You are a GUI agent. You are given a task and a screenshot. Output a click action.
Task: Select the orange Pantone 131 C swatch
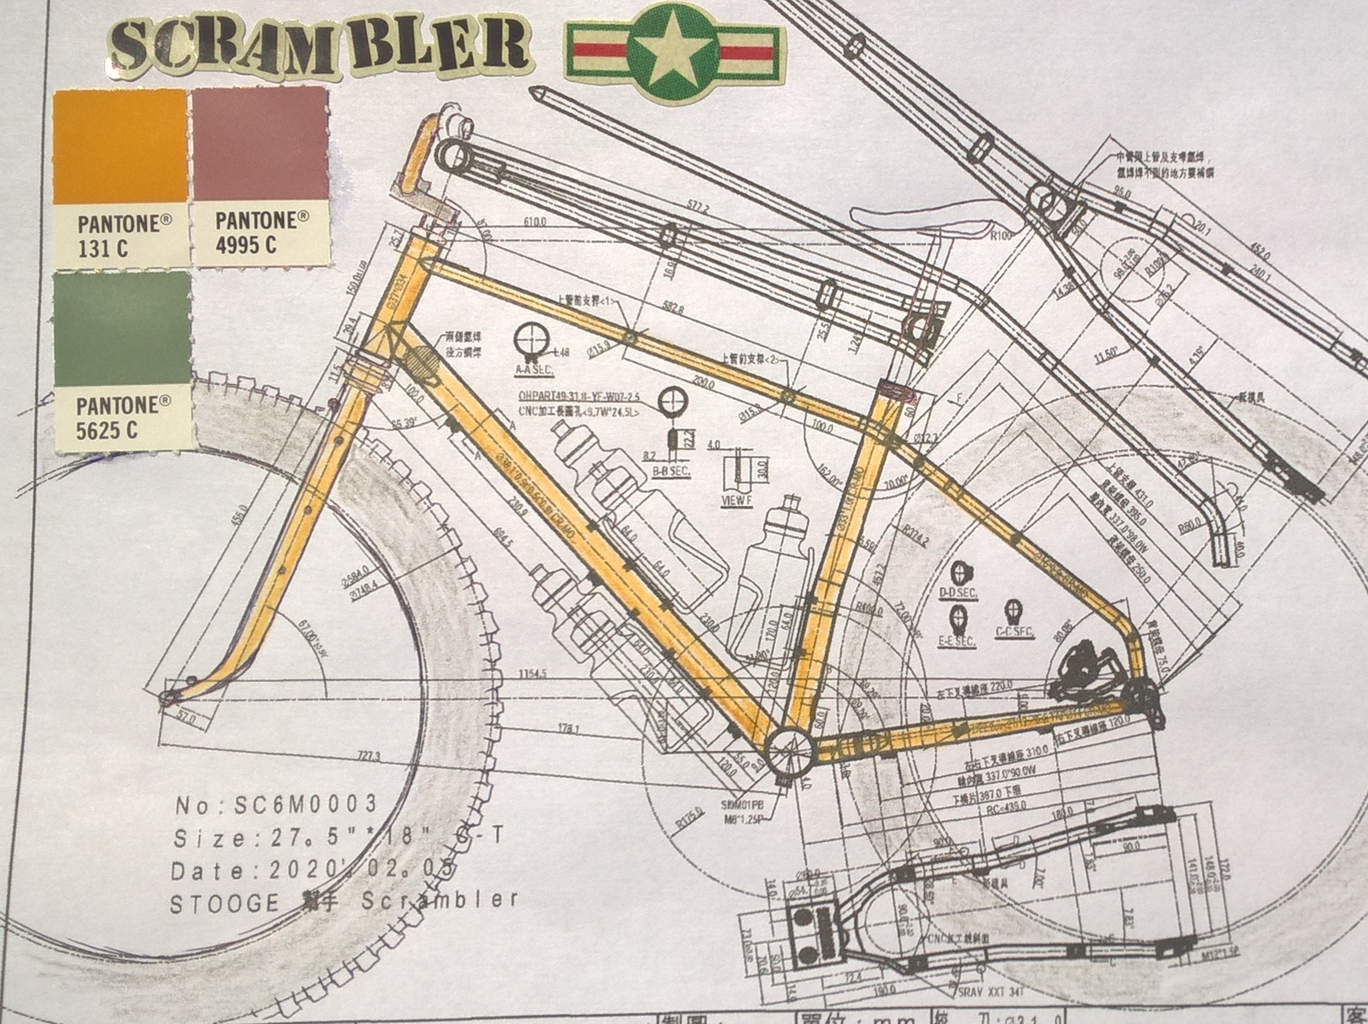pyautogui.click(x=121, y=146)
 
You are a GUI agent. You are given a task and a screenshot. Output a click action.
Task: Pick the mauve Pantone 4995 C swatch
pyautogui.click(x=260, y=143)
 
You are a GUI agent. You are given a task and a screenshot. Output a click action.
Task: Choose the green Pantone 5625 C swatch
pyautogui.click(x=121, y=328)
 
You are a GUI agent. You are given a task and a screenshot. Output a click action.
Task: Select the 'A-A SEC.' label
pyautogui.click(x=534, y=371)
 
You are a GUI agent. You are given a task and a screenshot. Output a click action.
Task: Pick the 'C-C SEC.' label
pyautogui.click(x=1014, y=632)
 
